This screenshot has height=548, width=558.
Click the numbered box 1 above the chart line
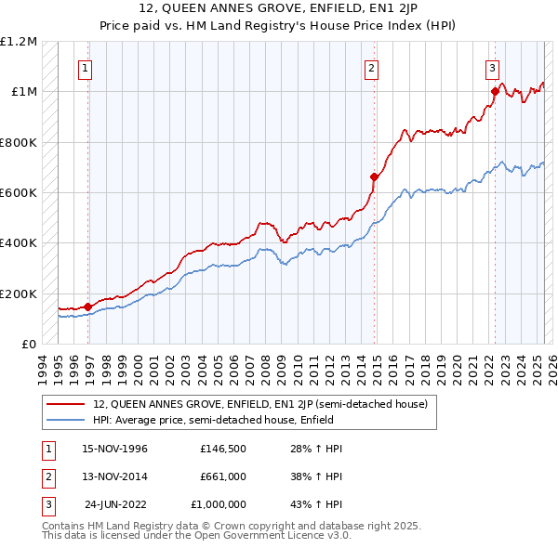[86, 67]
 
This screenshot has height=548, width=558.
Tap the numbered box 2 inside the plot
[372, 67]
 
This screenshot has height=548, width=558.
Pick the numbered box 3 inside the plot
[492, 67]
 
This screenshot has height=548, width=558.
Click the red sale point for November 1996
[87, 307]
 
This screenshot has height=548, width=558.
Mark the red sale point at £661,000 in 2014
[374, 176]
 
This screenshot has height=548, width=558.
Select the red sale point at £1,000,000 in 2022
[495, 91]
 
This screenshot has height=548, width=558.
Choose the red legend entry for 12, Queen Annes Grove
[259, 404]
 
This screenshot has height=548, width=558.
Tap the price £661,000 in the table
[222, 476]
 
